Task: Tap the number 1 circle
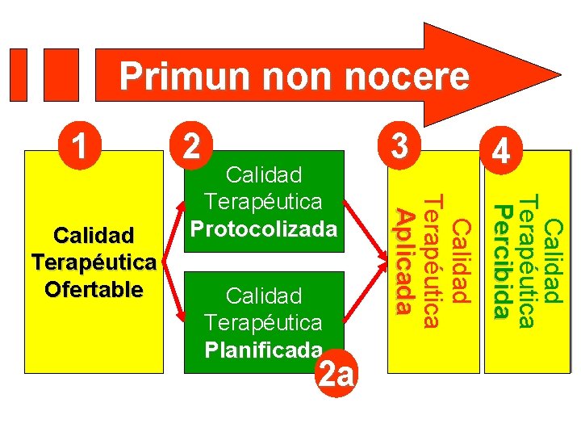click(x=79, y=145)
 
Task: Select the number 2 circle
click(x=191, y=145)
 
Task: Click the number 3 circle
click(x=399, y=145)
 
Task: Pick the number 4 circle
click(x=502, y=153)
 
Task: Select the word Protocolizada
click(x=264, y=228)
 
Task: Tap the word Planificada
click(x=264, y=350)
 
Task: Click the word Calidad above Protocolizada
click(x=264, y=174)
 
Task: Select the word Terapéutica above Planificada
click(x=264, y=323)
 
